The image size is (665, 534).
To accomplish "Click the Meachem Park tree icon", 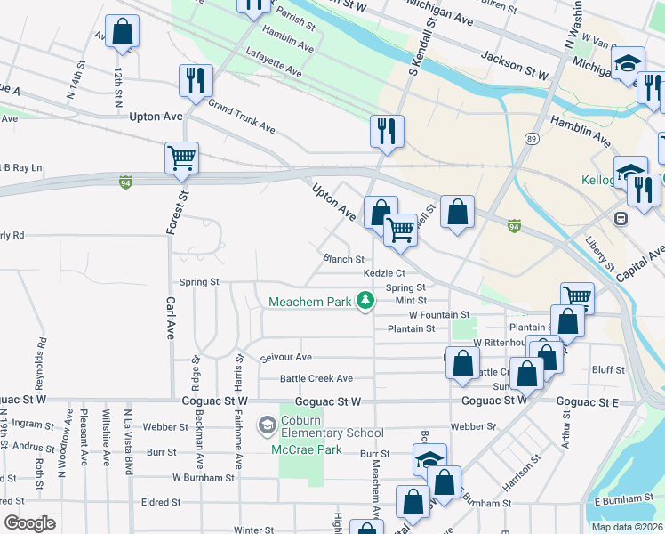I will (365, 302).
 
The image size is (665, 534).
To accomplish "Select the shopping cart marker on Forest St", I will (181, 158).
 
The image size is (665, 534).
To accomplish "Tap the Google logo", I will (29, 523).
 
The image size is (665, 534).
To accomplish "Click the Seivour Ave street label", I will (286, 357).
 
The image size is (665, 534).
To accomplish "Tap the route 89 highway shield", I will (531, 139).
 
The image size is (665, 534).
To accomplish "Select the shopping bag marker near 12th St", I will (122, 31).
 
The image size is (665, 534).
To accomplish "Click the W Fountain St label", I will (439, 315).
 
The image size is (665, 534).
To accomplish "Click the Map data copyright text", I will (627, 527).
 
